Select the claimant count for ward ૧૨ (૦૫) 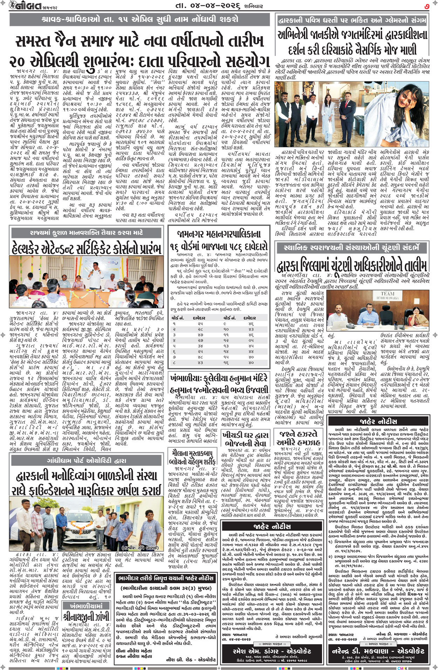point(251,340)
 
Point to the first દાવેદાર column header point(200,318)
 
